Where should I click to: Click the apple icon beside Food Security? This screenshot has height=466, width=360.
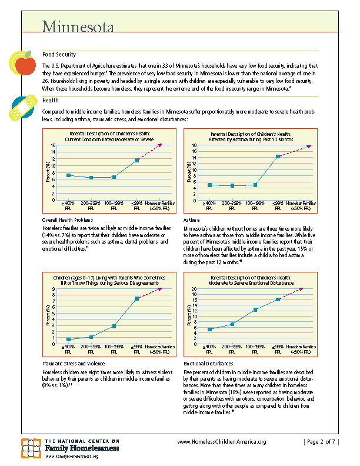(x=22, y=62)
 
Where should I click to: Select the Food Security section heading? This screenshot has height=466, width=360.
(x=59, y=54)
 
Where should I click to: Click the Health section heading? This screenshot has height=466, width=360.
(x=51, y=100)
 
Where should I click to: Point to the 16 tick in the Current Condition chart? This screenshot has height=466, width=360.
(x=53, y=145)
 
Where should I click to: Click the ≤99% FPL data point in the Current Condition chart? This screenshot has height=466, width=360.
(x=137, y=160)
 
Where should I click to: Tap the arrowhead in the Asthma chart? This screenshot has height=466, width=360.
(x=311, y=145)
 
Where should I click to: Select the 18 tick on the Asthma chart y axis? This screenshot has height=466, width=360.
(x=194, y=145)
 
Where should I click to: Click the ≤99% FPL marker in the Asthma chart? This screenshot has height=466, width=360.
(x=278, y=157)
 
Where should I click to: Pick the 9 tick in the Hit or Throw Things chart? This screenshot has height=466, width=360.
(x=54, y=289)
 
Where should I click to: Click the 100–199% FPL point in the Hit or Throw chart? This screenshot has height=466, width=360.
(x=114, y=326)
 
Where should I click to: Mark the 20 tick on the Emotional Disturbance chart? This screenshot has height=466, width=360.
(x=194, y=289)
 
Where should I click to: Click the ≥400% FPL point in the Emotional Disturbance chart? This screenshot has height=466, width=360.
(x=210, y=329)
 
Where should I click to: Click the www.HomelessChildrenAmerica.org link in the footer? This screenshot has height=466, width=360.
(x=222, y=442)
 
